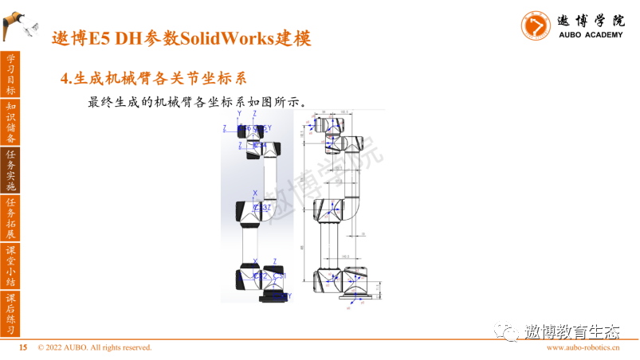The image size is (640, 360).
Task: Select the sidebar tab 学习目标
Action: (x=10, y=73)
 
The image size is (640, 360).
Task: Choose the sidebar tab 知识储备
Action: (x=10, y=122)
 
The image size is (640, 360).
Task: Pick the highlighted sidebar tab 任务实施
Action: (x=10, y=170)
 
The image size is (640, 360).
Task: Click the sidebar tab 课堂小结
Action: (x=10, y=266)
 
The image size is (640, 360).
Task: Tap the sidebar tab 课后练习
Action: (x=10, y=314)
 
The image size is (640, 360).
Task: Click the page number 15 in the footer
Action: (x=23, y=348)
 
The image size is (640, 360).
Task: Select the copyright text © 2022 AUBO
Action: (x=94, y=348)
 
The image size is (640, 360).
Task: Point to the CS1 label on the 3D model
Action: (x=278, y=276)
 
